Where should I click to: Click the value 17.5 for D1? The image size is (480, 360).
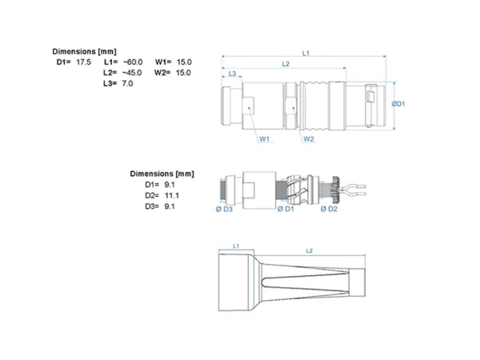pos(83,62)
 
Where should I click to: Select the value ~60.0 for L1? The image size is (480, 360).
pos(133,62)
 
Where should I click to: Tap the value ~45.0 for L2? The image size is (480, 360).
pos(132,73)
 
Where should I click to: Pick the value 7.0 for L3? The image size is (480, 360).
pos(127,83)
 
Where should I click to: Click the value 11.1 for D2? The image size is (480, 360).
pos(172,196)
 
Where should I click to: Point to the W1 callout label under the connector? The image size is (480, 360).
pos(265,139)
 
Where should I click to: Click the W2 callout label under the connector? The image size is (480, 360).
pos(309,139)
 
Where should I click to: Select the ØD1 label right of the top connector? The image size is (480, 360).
pos(398,104)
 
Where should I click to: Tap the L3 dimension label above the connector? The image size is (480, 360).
pos(232,74)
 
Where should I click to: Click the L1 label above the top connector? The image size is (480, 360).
pos(306,54)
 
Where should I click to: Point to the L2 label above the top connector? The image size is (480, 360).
pos(286,64)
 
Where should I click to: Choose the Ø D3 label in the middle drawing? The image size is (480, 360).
pos(224,210)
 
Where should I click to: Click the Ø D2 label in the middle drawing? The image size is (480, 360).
pos(329,209)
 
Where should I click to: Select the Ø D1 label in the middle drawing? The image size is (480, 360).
pos(286,209)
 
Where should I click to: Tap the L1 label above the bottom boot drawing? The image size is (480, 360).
pos(236,246)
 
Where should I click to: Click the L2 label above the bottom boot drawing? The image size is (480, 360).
pos(309,250)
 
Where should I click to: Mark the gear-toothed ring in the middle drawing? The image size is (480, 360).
pos(335,190)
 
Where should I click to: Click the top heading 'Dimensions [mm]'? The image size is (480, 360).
pos(85,51)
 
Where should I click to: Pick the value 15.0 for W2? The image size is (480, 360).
pos(183,73)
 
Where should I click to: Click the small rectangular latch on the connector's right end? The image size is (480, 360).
pos(370,97)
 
